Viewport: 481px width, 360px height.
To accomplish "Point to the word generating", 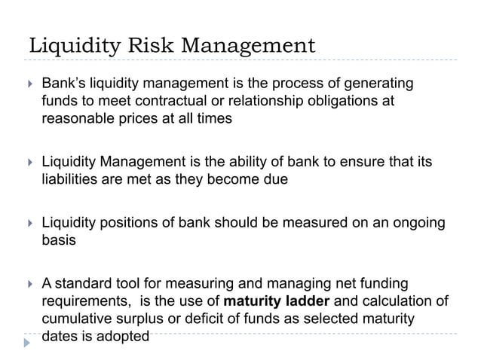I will (381, 84).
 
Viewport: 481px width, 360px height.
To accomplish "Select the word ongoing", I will (417, 224).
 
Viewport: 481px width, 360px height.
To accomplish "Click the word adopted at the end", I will (124, 337).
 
